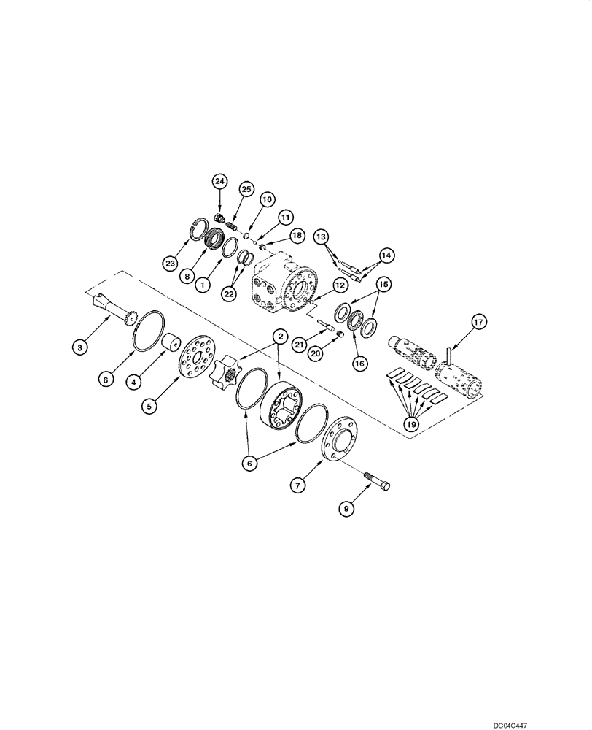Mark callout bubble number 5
[x=149, y=407]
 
